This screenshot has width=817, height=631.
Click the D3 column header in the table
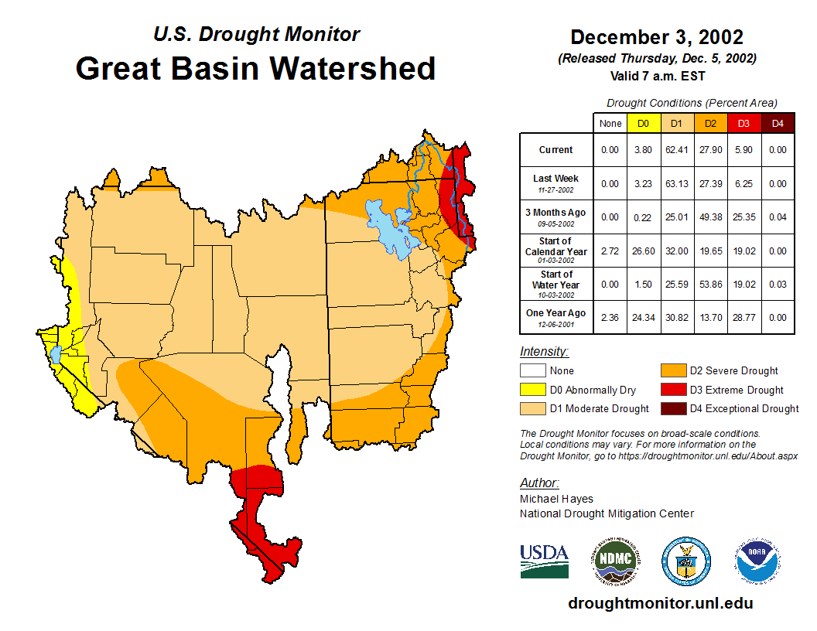pyautogui.click(x=743, y=123)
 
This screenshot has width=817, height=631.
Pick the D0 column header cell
pyautogui.click(x=643, y=123)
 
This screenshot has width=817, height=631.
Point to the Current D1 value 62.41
pyautogui.click(x=676, y=150)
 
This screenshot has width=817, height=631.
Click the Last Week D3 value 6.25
pyautogui.click(x=743, y=183)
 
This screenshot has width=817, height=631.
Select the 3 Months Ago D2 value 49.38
pyautogui.click(x=709, y=217)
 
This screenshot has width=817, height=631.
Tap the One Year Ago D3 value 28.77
pyautogui.click(x=743, y=317)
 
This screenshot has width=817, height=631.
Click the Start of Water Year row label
pyautogui.click(x=556, y=284)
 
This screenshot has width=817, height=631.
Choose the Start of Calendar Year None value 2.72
pyautogui.click(x=610, y=251)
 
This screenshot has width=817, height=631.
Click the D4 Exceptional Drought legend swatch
pyautogui.click(x=672, y=408)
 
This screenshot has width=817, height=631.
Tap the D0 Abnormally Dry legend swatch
pyautogui.click(x=532, y=390)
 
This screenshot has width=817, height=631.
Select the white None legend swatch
pyautogui.click(x=532, y=371)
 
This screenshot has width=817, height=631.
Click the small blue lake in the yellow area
pyautogui.click(x=56, y=355)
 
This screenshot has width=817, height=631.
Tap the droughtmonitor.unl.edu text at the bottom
pyautogui.click(x=660, y=603)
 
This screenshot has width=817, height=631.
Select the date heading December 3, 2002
pyautogui.click(x=657, y=37)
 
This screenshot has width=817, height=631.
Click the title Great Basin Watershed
pyautogui.click(x=255, y=68)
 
